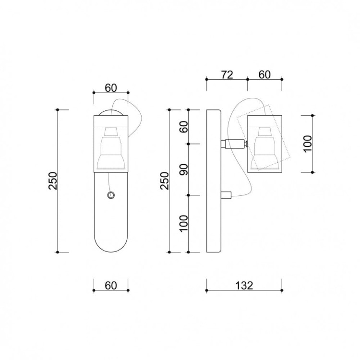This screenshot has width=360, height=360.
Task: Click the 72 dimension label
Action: pos(227,74)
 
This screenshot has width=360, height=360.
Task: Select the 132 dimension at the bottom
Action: pos(244,286)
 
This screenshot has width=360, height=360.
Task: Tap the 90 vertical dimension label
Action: pos(184,169)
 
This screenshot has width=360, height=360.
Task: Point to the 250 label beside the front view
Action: pos(53,180)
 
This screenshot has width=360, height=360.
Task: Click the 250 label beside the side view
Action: pos(164,180)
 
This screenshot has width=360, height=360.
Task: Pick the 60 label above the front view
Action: pos(111,88)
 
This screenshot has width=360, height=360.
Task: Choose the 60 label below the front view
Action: pos(111,286)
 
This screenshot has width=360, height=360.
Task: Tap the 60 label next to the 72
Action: pos(264,74)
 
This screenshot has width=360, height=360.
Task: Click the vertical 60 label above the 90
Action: pos(184,127)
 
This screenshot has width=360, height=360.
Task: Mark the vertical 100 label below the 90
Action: pos(184,224)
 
